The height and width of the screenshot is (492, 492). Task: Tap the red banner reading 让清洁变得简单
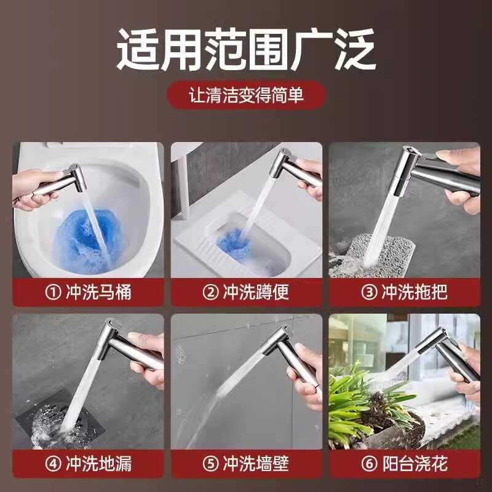[x=246, y=95]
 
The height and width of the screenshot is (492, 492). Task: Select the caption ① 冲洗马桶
[x=89, y=292]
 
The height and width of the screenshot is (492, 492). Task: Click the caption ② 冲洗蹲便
[x=247, y=292]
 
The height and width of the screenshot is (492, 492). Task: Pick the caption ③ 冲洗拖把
[x=404, y=292]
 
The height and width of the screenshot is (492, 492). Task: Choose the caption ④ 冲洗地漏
[x=89, y=463]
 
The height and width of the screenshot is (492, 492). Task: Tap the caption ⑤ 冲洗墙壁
[x=247, y=463]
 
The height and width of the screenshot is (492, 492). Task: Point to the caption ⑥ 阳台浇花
[x=404, y=463]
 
